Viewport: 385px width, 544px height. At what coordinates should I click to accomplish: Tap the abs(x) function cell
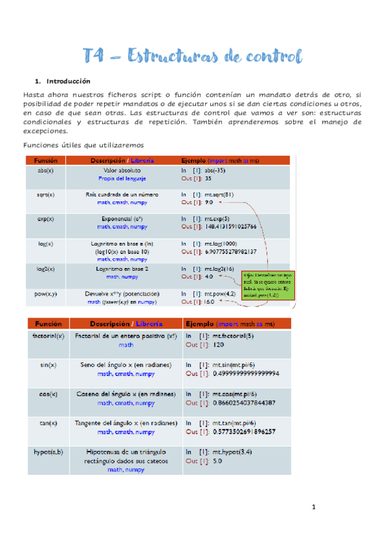click(x=46, y=171)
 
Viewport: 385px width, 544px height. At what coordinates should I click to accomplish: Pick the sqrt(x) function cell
click(x=46, y=194)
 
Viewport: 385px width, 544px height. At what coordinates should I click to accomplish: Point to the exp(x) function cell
click(x=46, y=218)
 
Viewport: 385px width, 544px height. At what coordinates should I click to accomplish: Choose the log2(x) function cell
click(x=46, y=269)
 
